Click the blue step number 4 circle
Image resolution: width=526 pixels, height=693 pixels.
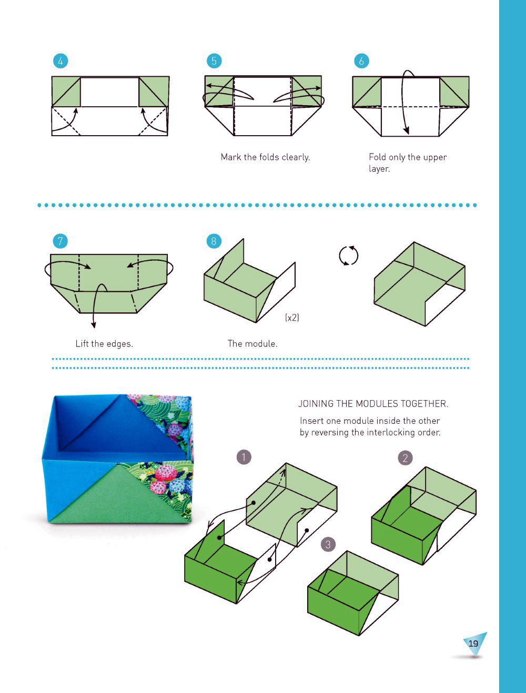click(60, 61)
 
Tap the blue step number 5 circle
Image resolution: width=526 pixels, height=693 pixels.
click(214, 61)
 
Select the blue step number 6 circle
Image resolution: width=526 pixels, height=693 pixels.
click(361, 61)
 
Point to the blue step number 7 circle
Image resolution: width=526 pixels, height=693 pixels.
click(60, 241)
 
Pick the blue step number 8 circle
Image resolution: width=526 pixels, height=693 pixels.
click(214, 241)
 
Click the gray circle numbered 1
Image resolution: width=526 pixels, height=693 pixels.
click(244, 457)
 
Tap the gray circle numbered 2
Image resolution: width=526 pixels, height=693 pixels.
click(406, 458)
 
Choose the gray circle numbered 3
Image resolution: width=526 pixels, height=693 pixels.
click(328, 544)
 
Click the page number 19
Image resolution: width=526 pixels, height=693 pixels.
click(473, 644)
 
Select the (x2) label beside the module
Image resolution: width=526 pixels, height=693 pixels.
click(292, 317)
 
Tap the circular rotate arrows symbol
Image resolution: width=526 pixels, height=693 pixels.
click(349, 256)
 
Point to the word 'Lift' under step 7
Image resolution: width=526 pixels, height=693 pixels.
click(82, 343)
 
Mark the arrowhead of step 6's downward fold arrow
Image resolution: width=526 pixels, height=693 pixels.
click(407, 130)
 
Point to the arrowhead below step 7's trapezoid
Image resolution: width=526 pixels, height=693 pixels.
click(94, 324)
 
